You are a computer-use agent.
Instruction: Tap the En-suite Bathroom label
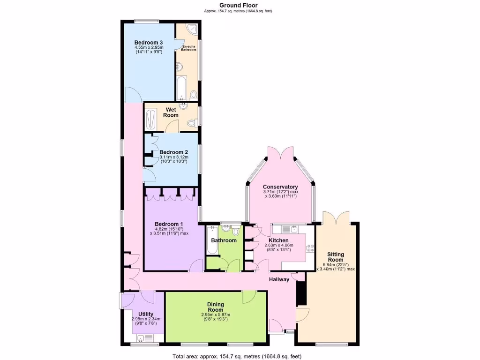[188, 47]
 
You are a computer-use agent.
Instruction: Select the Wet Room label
[171, 112]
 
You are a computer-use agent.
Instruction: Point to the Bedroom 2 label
[173, 152]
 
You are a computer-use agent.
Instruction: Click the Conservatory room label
[280, 187]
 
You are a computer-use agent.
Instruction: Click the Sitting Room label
[336, 257]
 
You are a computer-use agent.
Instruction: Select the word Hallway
[279, 280]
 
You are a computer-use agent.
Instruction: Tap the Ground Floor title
[238, 6]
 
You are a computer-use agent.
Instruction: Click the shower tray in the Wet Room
[150, 119]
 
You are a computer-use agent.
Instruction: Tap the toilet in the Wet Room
[191, 123]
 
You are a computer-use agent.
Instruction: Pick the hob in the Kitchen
[310, 247]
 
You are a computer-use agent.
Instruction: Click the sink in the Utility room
[141, 337]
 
